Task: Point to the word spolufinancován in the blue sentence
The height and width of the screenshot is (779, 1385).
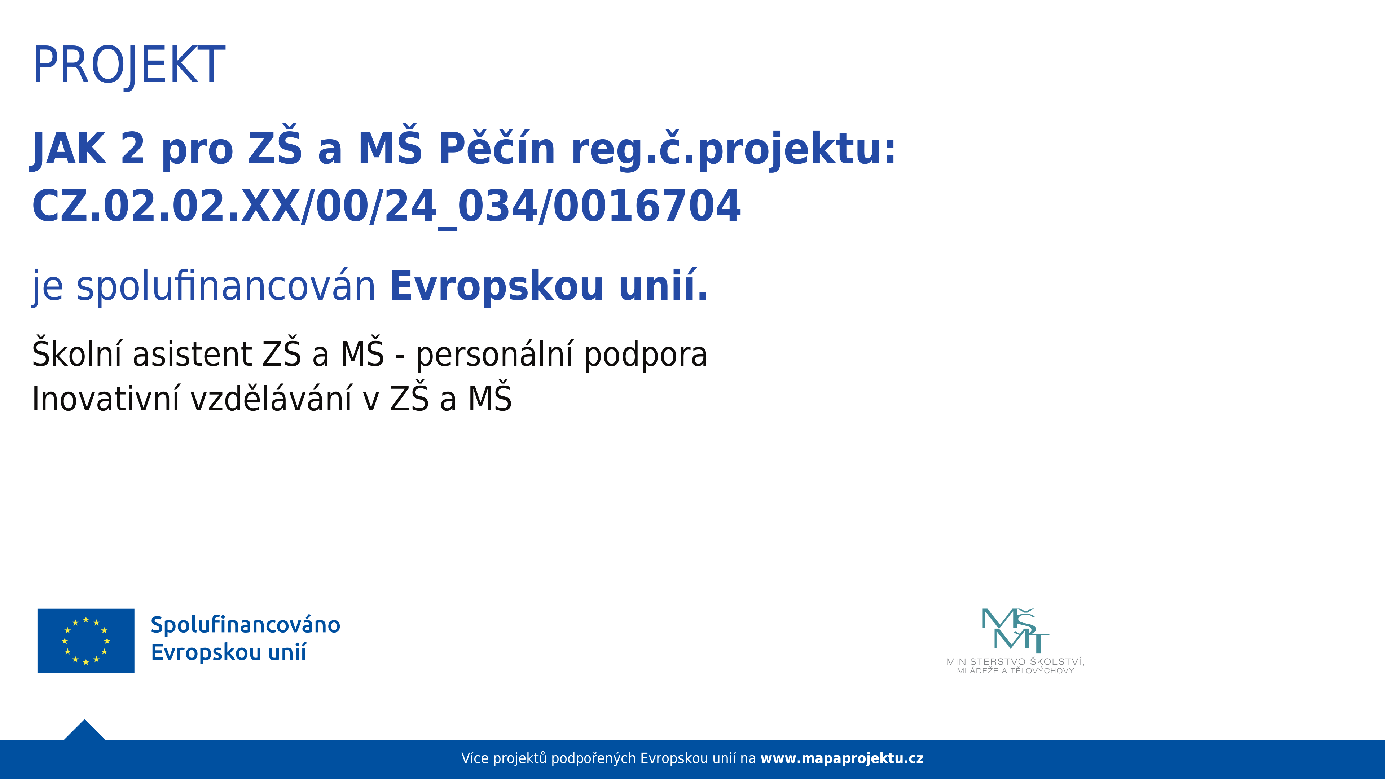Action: point(226,287)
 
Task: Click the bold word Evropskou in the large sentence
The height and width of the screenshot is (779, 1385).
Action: point(497,287)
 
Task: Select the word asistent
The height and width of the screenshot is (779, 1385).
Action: point(193,355)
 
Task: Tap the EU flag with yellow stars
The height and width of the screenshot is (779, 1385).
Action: point(86,641)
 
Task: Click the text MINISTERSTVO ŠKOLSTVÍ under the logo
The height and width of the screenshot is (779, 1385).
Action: point(1015,661)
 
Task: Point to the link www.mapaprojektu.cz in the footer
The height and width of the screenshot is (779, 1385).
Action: point(842,758)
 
